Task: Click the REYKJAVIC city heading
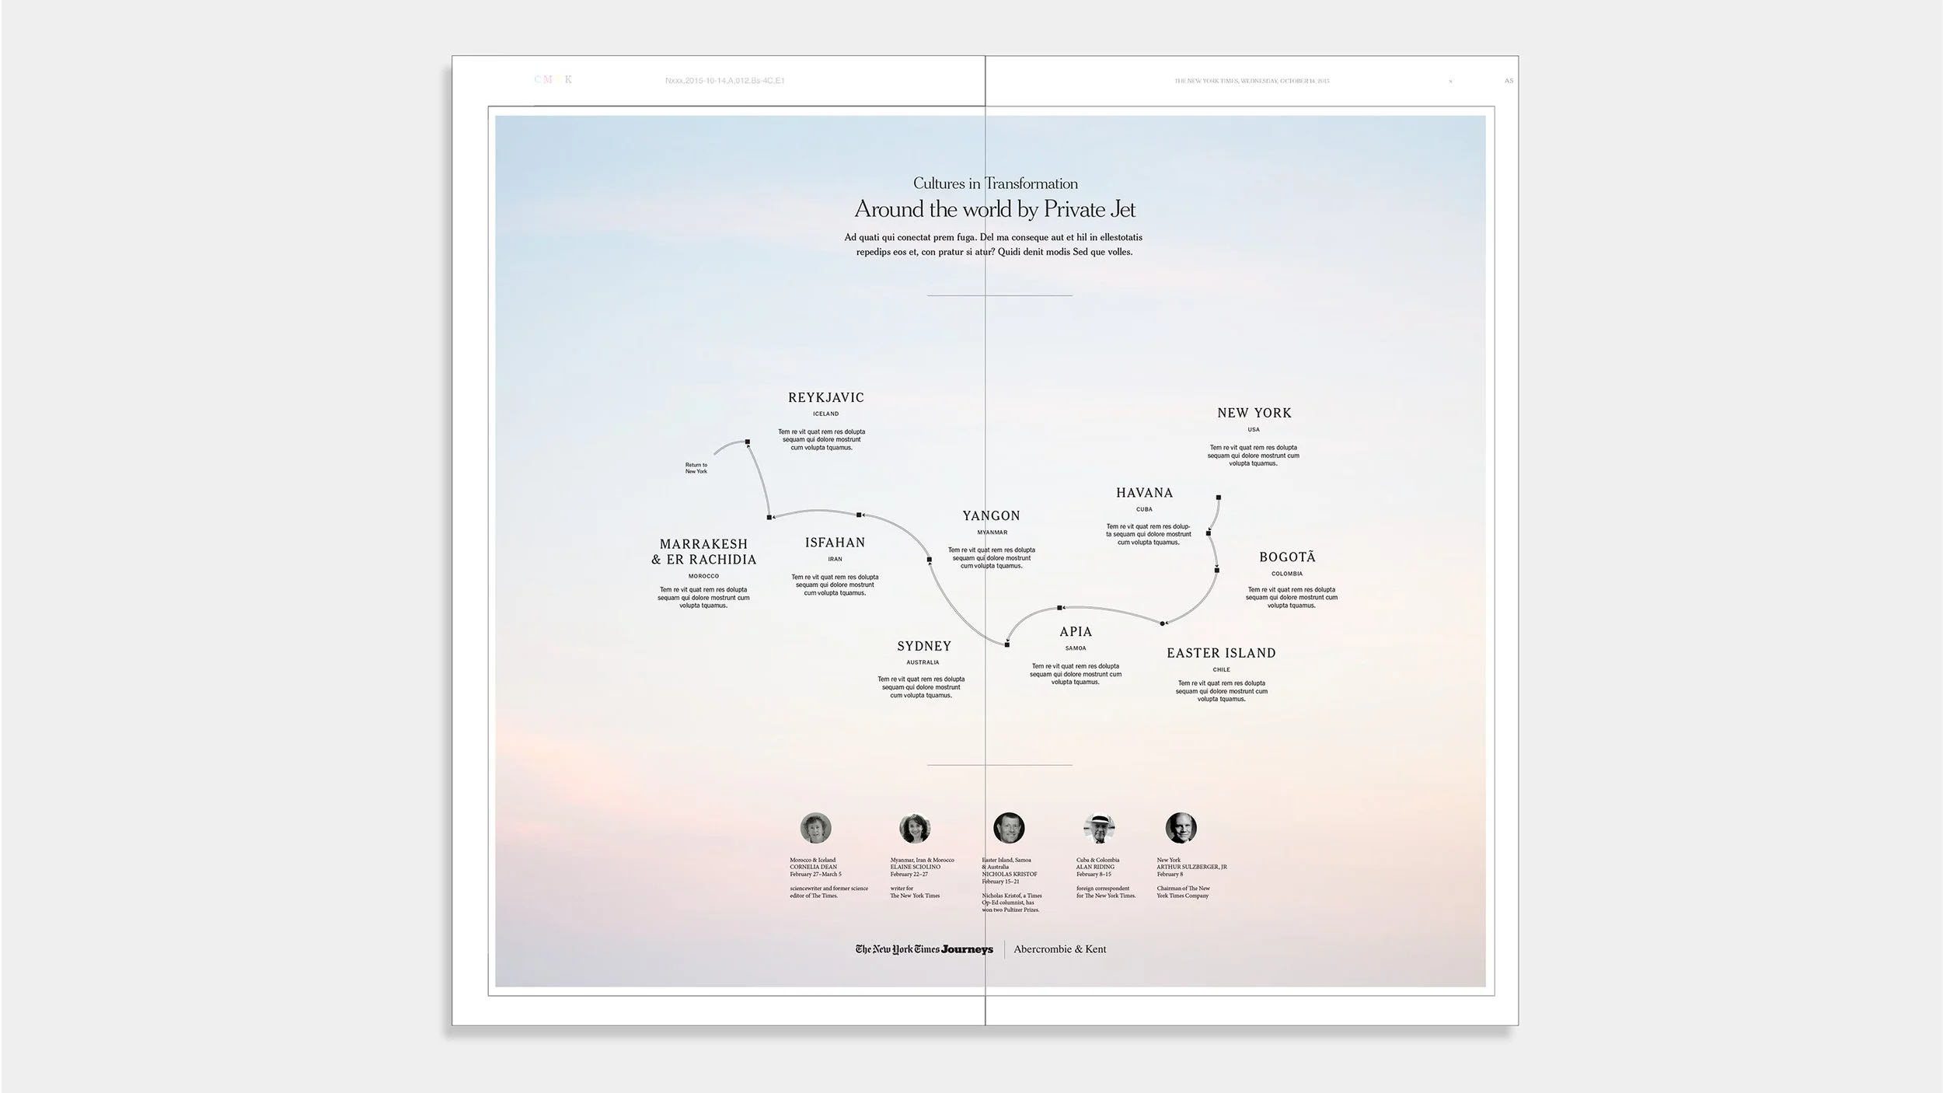[x=825, y=397]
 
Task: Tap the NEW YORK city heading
[x=1254, y=413]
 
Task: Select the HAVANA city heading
[x=1144, y=493]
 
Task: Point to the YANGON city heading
[x=991, y=515]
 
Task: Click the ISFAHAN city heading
[x=835, y=543]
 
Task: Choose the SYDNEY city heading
[x=923, y=646]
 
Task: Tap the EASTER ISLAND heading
[x=1220, y=653]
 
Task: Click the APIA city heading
[x=1076, y=632]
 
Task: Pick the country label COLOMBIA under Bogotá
[x=1287, y=574]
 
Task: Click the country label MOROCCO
[x=703, y=576]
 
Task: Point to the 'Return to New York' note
[x=696, y=468]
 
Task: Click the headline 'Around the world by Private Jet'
[x=995, y=209]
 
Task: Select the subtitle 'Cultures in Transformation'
[x=995, y=183]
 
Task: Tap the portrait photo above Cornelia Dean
[x=815, y=828]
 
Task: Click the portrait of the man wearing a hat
[x=1099, y=829]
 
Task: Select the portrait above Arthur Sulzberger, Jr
[x=1181, y=828]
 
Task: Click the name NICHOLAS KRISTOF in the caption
[x=1009, y=874]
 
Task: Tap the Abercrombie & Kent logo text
[x=1059, y=949]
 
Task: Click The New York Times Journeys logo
[x=924, y=949]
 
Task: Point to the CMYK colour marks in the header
[x=553, y=79]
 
